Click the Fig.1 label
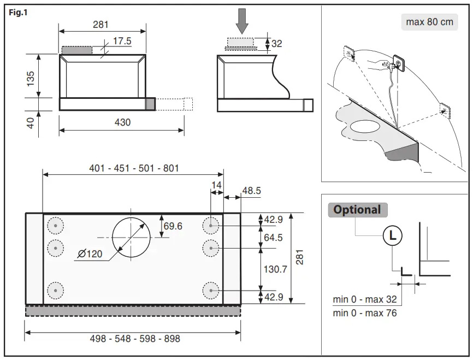[x=18, y=13]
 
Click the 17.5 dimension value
[x=122, y=41]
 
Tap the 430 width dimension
[x=122, y=122]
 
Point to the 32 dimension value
[x=277, y=44]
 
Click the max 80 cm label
[x=430, y=22]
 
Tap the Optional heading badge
[x=357, y=210]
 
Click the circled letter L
[x=392, y=236]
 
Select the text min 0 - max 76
[x=365, y=313]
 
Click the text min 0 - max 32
[x=365, y=299]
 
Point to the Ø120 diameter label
[x=90, y=254]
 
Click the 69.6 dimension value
[x=173, y=226]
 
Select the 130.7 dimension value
[x=275, y=269]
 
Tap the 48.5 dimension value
[x=251, y=191]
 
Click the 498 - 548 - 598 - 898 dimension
[x=135, y=339]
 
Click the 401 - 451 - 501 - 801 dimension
[x=134, y=168]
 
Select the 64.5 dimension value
[x=274, y=238]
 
